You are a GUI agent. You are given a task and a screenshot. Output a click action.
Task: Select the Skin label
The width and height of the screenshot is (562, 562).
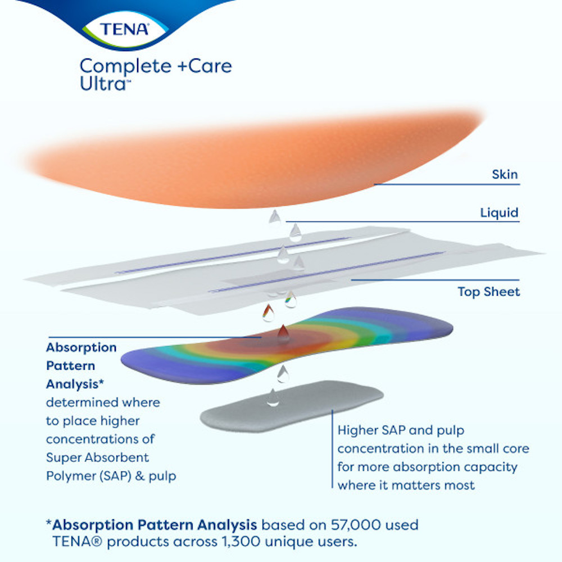[x=505, y=175]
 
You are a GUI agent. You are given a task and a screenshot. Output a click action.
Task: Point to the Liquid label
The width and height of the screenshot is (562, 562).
[x=499, y=213]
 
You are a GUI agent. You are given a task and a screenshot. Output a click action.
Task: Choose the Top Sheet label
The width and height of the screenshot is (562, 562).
[x=488, y=292]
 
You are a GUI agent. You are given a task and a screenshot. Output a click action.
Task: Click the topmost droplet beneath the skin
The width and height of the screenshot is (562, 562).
[x=275, y=216]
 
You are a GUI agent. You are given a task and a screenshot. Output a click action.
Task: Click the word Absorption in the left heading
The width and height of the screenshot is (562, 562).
[x=81, y=347]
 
